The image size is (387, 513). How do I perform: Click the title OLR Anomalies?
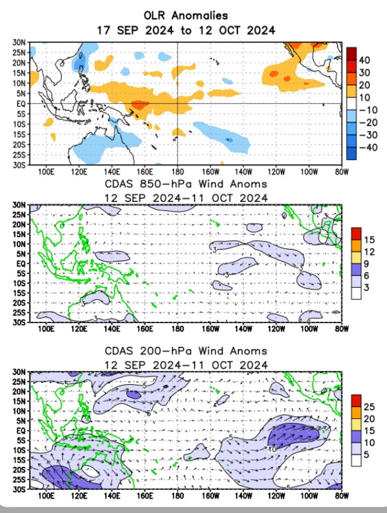[x=185, y=15]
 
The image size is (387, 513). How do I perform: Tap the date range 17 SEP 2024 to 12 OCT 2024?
[x=185, y=29]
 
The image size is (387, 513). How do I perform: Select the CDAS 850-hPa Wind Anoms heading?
[x=185, y=185]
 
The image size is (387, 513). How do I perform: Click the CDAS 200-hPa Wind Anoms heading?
[x=185, y=351]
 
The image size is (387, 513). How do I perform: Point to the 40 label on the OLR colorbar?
[x=363, y=60]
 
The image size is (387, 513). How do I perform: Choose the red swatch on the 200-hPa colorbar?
[x=356, y=400]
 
